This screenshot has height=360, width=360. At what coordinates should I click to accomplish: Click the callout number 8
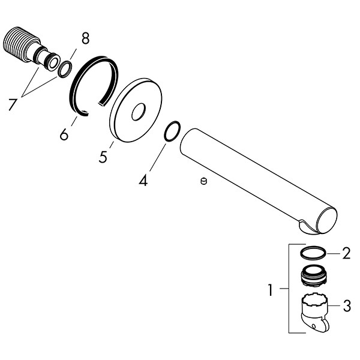tap(85, 38)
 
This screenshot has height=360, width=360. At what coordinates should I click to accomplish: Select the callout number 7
tap(13, 104)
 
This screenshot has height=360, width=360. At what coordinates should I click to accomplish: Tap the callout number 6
tap(64, 134)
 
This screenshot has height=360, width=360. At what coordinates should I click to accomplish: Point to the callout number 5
tap(103, 157)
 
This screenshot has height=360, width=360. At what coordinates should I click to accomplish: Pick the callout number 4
tap(143, 180)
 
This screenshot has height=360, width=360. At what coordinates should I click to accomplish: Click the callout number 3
tap(347, 305)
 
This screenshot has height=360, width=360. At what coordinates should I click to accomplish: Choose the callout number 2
tap(346, 253)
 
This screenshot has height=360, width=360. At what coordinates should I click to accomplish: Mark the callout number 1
tap(271, 290)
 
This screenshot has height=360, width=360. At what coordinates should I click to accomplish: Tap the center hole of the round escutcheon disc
tap(139, 112)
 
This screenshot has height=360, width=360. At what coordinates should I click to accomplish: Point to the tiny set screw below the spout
tap(203, 181)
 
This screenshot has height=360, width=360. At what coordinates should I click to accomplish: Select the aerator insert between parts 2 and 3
tap(313, 275)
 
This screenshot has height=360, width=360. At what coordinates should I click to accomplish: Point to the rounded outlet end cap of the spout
tap(326, 220)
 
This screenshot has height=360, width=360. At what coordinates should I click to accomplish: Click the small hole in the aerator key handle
tap(313, 326)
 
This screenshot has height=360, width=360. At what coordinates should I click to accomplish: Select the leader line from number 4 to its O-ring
tap(157, 157)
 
